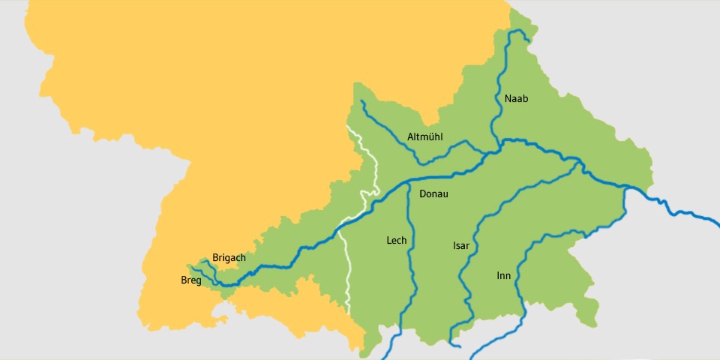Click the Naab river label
pos(517,99)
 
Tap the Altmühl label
pos(425,136)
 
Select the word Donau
pos(433,193)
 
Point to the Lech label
pos(396,240)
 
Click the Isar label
pos(460,245)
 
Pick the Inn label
pos(503,276)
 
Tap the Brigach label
pos(229,257)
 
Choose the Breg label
pos(191,280)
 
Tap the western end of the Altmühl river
pos(361,101)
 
